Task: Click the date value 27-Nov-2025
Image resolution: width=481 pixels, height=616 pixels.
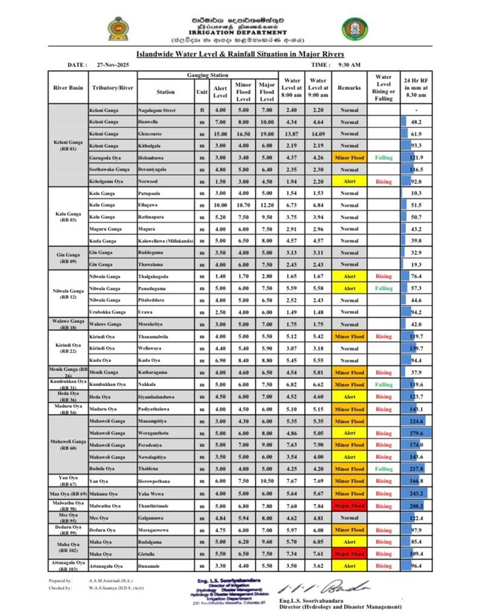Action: pos(113,65)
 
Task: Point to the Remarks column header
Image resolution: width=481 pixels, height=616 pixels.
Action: pos(349,89)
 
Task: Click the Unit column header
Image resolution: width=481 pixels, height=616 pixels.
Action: pos(201,91)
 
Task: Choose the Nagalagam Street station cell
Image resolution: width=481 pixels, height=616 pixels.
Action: pos(157,110)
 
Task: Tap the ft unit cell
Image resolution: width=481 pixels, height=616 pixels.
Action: pos(201,110)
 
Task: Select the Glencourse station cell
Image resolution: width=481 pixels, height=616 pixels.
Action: pos(150,134)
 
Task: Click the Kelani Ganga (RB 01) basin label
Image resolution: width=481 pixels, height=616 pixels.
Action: pos(69,146)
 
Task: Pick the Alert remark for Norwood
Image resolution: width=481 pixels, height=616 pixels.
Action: pos(349,182)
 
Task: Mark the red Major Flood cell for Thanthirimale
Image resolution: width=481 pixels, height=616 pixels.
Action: pos(349,505)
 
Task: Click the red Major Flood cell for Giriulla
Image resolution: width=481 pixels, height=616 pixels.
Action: pos(349,554)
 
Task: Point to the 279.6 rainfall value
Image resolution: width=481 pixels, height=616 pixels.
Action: pos(416,433)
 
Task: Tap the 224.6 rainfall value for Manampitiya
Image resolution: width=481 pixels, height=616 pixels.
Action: pos(416,421)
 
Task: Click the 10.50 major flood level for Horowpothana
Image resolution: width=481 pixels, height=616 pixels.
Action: pos(267,481)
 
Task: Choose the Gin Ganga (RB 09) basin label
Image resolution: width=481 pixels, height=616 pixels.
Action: pos(69,258)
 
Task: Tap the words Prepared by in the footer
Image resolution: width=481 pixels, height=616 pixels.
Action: pos(60,581)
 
